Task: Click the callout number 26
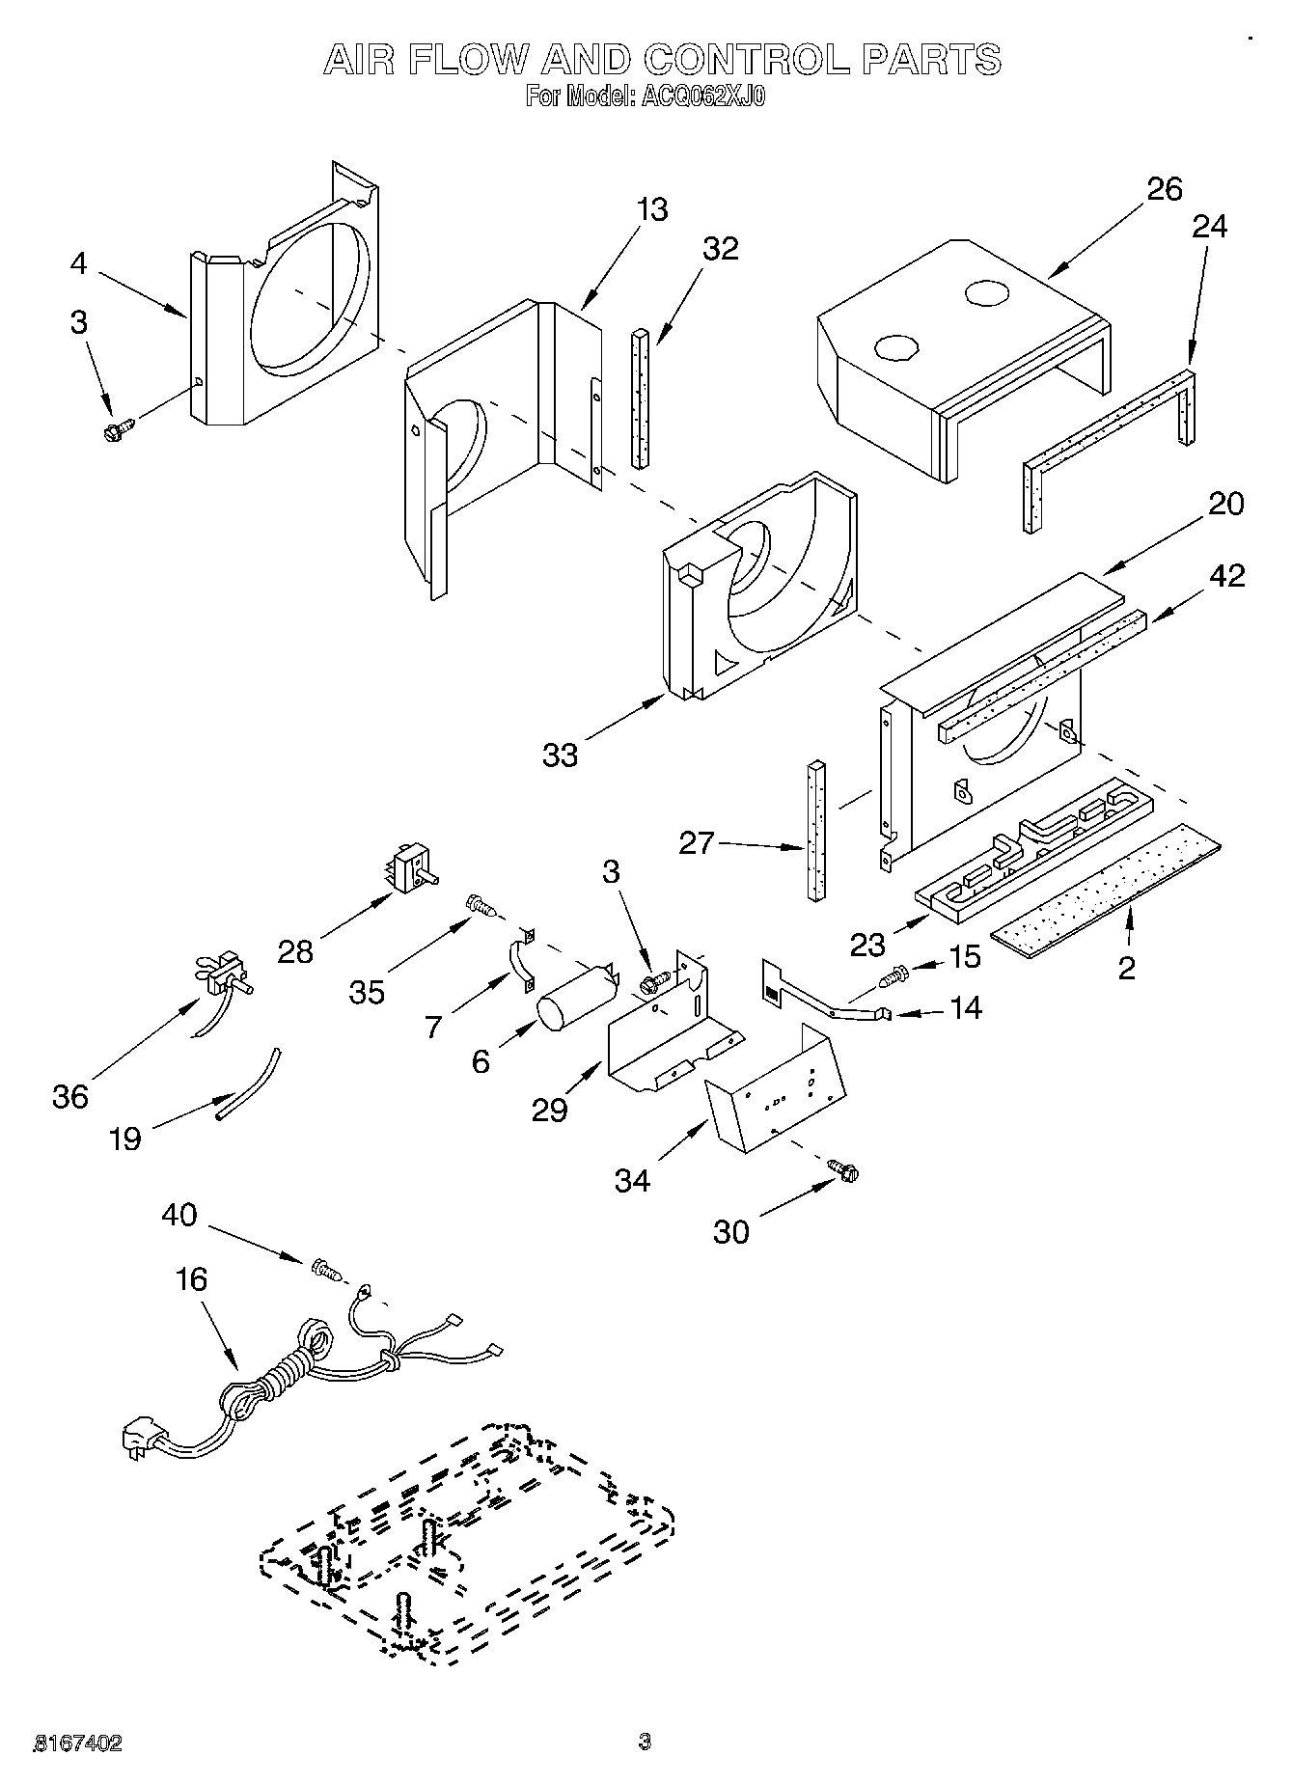1165,188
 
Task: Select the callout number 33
560,754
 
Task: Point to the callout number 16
191,1279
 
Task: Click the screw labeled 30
844,1171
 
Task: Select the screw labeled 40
326,1270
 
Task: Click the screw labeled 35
480,904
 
